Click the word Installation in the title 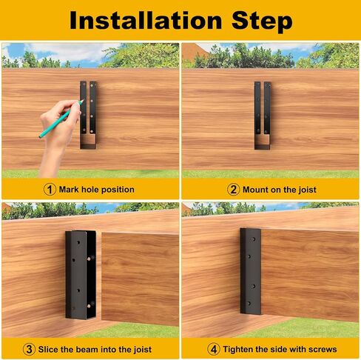[x=146, y=20]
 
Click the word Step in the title [x=262, y=21]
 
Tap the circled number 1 [x=50, y=190]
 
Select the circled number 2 [x=233, y=190]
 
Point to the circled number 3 [x=29, y=350]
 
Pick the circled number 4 [x=214, y=350]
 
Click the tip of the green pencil [x=83, y=100]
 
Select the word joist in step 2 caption [x=307, y=190]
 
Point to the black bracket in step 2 [x=263, y=116]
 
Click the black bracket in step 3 [x=81, y=275]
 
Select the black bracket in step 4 [x=251, y=271]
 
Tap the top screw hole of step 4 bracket [x=254, y=239]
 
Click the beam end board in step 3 [x=140, y=279]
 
